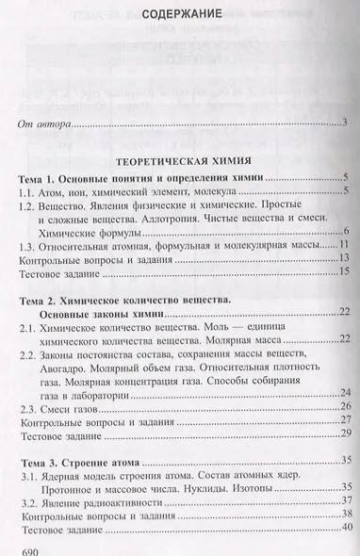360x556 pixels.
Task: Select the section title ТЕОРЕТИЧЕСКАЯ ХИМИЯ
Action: pos(180,163)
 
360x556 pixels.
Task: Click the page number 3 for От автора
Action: pos(346,123)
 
